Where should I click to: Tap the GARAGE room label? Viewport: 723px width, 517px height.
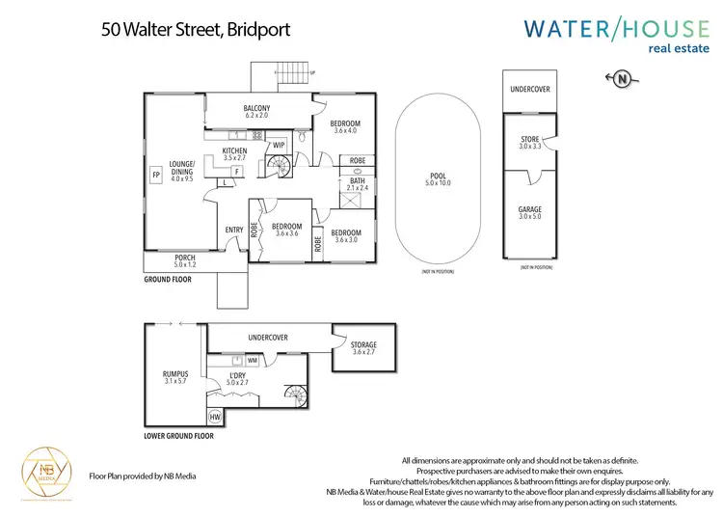(530, 209)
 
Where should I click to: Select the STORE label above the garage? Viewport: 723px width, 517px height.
(530, 141)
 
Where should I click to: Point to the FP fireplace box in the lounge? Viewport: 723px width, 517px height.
(155, 175)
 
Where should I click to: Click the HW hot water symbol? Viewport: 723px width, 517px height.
(215, 418)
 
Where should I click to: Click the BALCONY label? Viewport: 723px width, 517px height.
(256, 108)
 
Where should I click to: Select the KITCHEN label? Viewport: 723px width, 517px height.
(235, 151)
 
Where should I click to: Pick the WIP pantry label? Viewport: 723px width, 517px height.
(280, 146)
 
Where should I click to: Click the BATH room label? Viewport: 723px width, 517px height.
(357, 180)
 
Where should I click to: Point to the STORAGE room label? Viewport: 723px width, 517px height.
(363, 344)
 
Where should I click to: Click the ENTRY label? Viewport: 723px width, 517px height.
(234, 230)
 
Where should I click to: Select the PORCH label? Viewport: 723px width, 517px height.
(184, 258)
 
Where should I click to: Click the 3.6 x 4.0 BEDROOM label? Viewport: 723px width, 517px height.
(344, 124)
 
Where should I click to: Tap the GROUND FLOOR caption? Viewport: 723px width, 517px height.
(168, 280)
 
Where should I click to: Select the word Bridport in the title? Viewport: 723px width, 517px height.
(257, 30)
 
